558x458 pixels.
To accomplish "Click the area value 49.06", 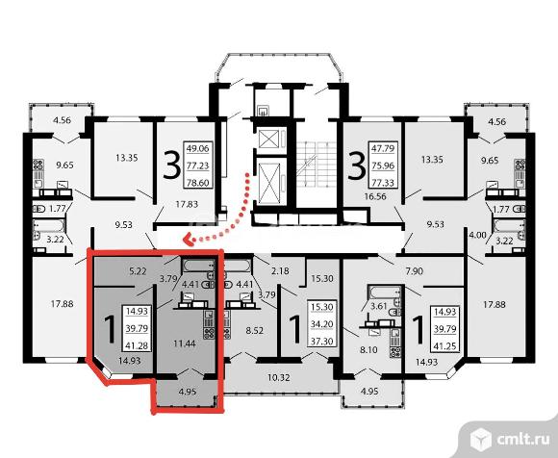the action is click(197, 148).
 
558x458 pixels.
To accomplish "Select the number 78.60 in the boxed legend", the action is click(197, 183).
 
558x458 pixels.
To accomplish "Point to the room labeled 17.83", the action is click(187, 204).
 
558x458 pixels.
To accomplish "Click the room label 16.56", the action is click(375, 196).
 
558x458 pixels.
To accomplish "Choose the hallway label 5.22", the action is click(138, 271).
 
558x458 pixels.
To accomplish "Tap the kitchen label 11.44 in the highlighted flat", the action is click(185, 344).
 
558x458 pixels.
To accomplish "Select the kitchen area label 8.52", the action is click(255, 331).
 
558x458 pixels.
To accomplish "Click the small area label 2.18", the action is click(280, 271).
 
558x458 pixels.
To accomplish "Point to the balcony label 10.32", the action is click(279, 377).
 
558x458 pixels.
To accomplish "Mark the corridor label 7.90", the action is click(415, 271).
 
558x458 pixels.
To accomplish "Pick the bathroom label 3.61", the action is click(378, 306).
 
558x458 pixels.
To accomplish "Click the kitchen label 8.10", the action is click(368, 350).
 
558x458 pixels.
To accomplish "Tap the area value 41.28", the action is click(137, 345).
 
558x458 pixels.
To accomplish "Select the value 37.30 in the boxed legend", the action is click(322, 342).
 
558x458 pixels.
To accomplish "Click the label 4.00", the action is click(477, 235).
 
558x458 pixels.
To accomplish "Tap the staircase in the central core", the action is click(317, 165).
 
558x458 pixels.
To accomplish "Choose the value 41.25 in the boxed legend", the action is click(445, 346).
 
